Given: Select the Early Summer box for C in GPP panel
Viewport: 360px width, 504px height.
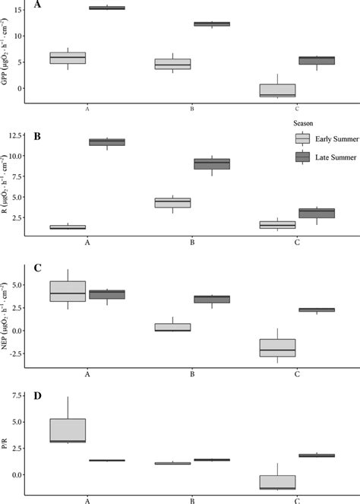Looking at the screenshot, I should click(x=276, y=90).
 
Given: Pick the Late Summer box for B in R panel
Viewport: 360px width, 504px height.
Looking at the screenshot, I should click(x=212, y=163).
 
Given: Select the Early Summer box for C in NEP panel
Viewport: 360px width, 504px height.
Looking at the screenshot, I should click(x=276, y=347).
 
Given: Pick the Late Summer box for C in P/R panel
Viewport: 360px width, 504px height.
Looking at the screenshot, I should click(x=316, y=455).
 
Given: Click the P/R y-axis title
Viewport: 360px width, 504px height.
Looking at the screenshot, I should click(x=8, y=448).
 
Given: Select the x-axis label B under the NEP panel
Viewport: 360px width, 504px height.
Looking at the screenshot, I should click(x=192, y=373).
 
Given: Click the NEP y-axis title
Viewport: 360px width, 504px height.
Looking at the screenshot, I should click(x=8, y=316).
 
